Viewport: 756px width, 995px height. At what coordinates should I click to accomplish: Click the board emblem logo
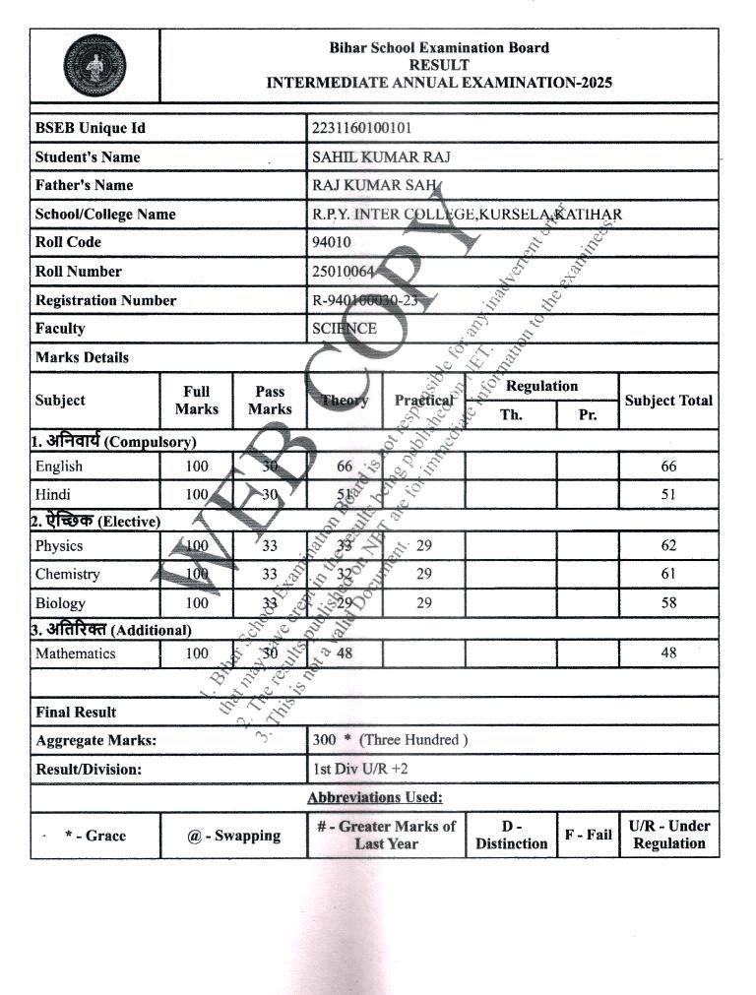pos(94,66)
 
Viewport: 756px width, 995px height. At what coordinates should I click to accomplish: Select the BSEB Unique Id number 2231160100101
pos(361,128)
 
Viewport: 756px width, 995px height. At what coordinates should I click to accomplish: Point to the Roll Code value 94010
pos(332,242)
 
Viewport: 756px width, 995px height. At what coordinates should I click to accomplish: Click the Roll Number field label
pos(79,271)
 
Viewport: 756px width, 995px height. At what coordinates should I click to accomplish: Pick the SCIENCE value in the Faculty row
pos(345,329)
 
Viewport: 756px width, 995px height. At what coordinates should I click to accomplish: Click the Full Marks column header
pos(197,401)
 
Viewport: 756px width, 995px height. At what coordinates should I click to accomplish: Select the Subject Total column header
pos(668,401)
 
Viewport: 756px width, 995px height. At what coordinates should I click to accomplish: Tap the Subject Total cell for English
pos(668,466)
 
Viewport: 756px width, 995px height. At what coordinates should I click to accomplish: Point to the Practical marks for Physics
pos(424,545)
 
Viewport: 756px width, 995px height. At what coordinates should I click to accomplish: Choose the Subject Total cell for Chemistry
pos(668,574)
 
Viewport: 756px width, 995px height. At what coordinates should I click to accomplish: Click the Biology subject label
pos(60,602)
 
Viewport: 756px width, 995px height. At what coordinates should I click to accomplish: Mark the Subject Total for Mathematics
pos(668,653)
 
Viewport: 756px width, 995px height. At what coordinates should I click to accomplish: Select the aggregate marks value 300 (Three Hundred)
pos(390,739)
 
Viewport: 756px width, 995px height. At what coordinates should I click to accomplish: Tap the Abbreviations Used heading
pos(374,797)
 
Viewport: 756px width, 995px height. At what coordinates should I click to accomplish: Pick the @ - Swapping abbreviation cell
pos(233,836)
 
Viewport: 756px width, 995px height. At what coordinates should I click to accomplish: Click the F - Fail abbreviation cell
pos(588,836)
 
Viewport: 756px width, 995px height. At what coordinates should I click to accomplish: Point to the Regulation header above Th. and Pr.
pos(541,386)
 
